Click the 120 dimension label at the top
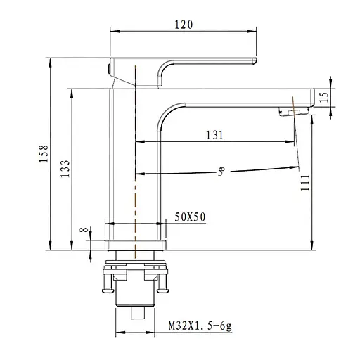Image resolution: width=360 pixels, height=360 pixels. [x=184, y=25]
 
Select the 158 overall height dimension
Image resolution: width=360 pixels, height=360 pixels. [x=44, y=154]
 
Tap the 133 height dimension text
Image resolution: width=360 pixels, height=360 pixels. [x=65, y=169]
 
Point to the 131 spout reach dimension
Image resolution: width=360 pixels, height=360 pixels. [x=214, y=135]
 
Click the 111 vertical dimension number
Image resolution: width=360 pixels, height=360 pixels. [x=305, y=183]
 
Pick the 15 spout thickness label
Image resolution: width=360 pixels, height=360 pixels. [x=324, y=97]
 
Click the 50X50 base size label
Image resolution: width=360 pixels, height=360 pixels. [x=190, y=217]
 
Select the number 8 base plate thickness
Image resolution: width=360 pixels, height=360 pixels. [x=84, y=229]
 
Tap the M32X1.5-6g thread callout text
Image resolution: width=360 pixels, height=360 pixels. [x=200, y=326]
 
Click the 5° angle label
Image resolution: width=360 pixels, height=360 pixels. [x=221, y=172]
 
